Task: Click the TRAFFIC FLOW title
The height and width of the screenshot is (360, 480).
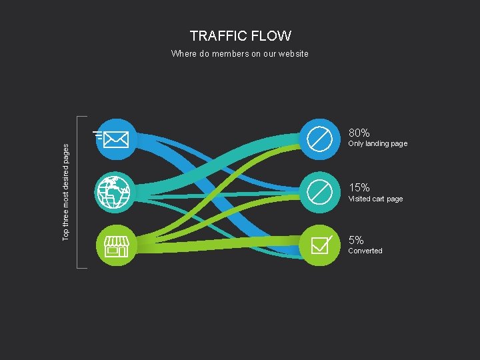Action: pyautogui.click(x=240, y=36)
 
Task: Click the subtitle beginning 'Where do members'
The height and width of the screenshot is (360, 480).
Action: pyautogui.click(x=239, y=53)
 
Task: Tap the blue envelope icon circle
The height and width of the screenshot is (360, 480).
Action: pyautogui.click(x=117, y=139)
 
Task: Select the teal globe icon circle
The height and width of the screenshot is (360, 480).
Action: pyautogui.click(x=117, y=192)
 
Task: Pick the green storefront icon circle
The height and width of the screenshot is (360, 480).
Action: pyautogui.click(x=117, y=245)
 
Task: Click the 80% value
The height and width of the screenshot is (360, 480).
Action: pyautogui.click(x=359, y=133)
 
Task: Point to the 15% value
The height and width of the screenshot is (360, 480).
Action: pyautogui.click(x=359, y=187)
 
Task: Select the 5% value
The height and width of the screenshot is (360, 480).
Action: pyautogui.click(x=356, y=240)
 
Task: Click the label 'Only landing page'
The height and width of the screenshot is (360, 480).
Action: pyautogui.click(x=377, y=144)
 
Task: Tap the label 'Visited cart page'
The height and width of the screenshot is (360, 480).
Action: pyautogui.click(x=375, y=199)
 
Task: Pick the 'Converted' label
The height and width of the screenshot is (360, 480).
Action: pyautogui.click(x=365, y=251)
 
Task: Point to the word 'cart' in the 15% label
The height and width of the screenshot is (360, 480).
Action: pyautogui.click(x=377, y=199)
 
